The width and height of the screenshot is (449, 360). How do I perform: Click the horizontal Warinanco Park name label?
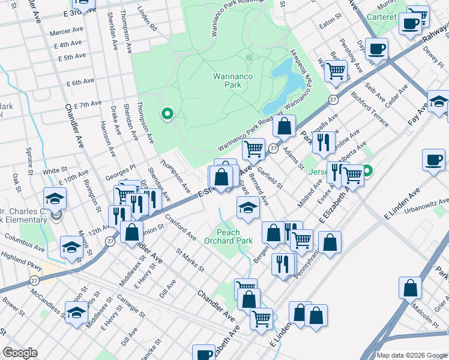tap(227, 80)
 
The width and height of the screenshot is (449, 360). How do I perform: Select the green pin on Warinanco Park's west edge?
tap(167, 113)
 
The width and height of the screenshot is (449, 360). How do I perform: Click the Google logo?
tap(20, 353)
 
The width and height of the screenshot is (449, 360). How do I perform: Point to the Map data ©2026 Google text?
tap(412, 355)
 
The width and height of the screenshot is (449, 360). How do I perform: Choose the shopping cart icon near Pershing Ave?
tap(336, 71)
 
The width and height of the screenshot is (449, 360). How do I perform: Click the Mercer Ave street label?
tap(67, 31)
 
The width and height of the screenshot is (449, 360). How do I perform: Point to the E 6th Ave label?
tap(80, 82)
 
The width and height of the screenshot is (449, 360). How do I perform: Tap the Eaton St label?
tap(330, 23)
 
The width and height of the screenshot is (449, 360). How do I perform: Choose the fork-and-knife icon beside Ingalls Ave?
tap(323, 142)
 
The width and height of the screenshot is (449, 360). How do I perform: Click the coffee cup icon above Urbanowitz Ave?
tap(433, 160)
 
